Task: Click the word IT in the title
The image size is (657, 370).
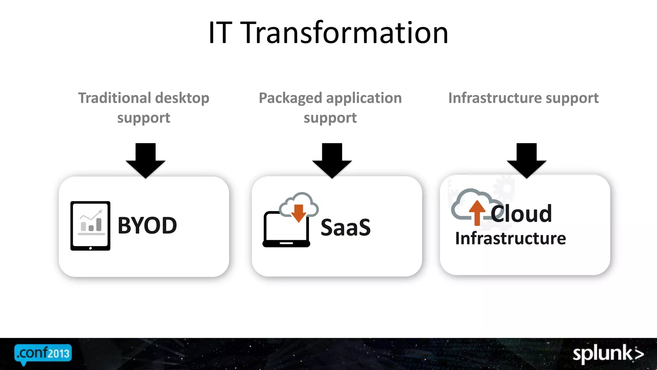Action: [x=220, y=33]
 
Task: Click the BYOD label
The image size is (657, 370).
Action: [x=147, y=225]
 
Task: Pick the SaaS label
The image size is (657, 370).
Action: [x=346, y=227]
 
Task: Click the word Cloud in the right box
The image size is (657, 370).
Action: [x=521, y=214]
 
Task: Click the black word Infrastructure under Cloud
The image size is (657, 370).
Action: [x=510, y=238]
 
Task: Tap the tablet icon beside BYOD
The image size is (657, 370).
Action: [x=90, y=226]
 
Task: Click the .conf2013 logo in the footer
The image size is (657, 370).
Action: [x=43, y=354]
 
